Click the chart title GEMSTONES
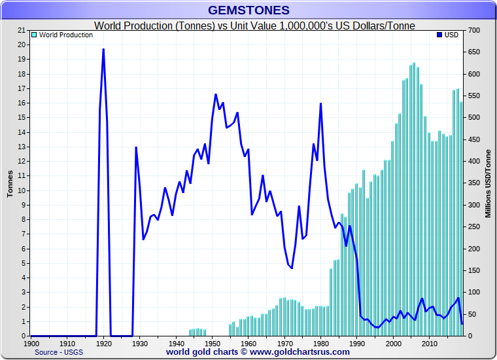(248, 10)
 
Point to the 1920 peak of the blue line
(103, 50)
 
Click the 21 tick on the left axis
(22, 31)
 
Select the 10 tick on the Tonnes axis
(22, 190)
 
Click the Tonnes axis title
(10, 183)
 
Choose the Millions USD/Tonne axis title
(488, 183)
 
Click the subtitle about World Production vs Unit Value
(255, 26)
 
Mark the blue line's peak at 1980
(320, 103)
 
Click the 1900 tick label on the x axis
(31, 343)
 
